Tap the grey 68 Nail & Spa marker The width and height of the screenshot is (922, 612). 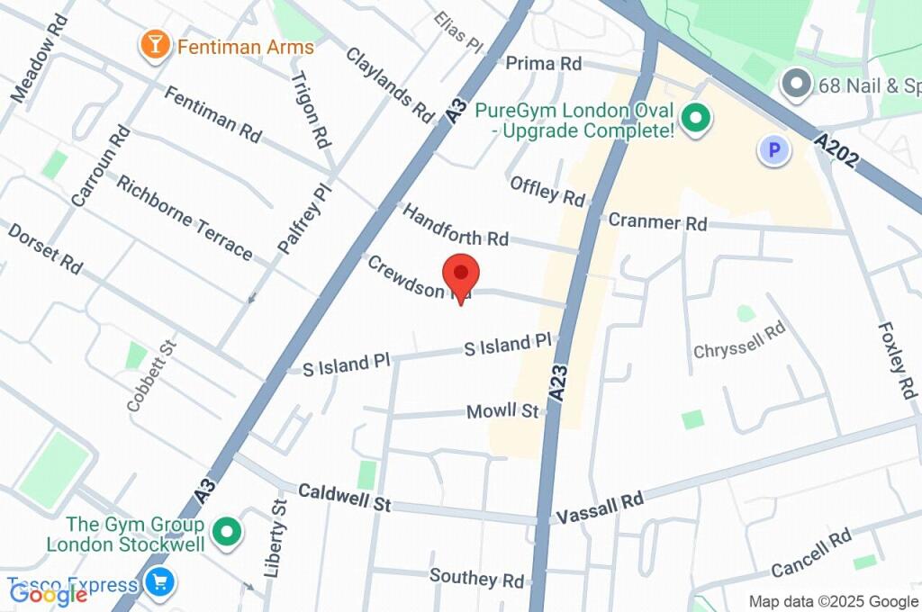(796, 85)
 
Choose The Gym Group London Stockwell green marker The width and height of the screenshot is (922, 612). (229, 533)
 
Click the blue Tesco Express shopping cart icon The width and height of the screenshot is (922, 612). (160, 582)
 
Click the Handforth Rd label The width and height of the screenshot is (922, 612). (455, 225)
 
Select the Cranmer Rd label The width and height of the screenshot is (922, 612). (657, 222)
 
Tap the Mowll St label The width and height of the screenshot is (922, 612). (502, 411)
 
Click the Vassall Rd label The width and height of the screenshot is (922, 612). (600, 508)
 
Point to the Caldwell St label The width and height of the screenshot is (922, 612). (344, 498)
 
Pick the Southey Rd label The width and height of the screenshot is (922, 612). (476, 577)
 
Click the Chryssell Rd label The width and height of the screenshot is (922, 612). (739, 340)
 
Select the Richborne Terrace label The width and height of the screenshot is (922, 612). (185, 215)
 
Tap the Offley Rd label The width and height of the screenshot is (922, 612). (547, 190)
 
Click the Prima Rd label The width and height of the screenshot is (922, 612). (543, 64)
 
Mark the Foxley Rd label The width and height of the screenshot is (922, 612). (897, 361)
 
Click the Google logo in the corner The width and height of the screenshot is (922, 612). (48, 593)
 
